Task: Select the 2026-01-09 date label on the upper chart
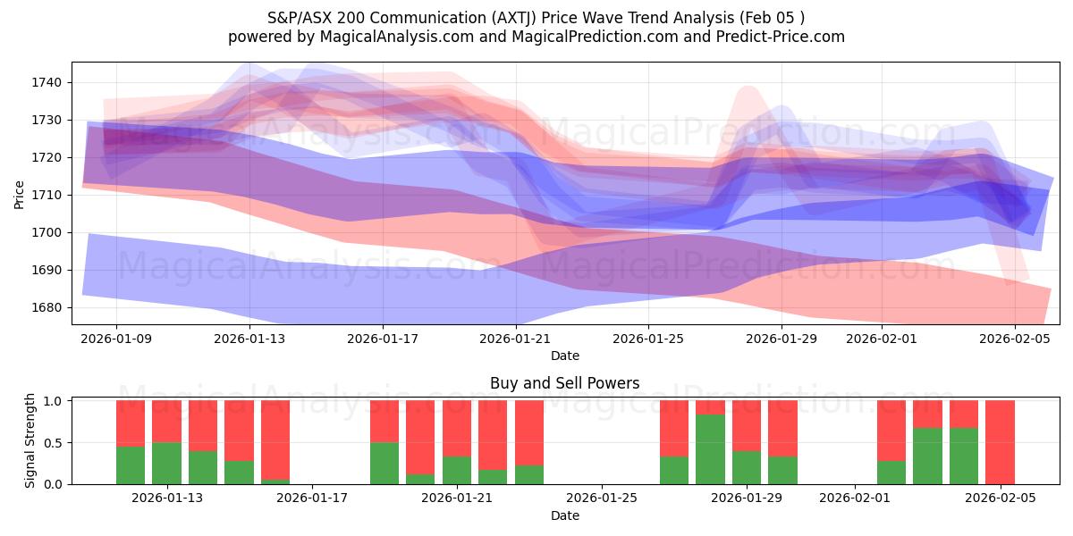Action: (116, 339)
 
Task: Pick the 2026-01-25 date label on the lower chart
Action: (602, 498)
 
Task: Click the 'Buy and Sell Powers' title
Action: (564, 383)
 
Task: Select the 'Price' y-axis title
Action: (20, 193)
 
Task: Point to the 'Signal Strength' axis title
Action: (30, 440)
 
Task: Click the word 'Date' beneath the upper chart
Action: (564, 356)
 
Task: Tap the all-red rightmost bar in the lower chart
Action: (1000, 442)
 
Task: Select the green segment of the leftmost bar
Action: (131, 465)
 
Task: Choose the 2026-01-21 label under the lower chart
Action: (457, 498)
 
